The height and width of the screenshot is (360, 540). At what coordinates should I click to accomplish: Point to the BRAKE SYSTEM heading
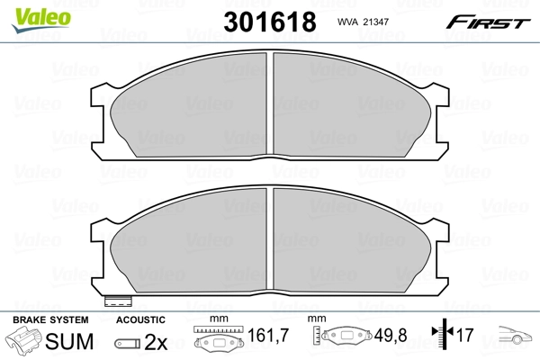pos(50,319)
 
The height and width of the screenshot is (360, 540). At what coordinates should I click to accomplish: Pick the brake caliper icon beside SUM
pos(24,340)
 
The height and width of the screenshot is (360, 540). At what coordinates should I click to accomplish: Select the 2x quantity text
pos(155,341)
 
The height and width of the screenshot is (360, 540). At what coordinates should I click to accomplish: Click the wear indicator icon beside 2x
pos(128,343)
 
